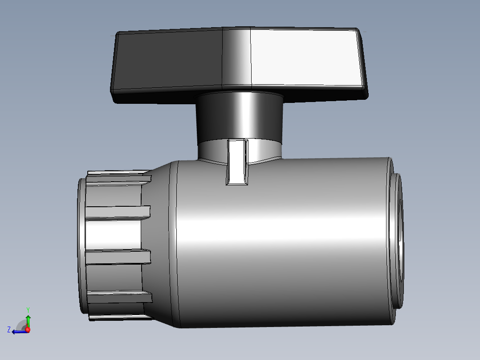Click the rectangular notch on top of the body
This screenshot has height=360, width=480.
point(237,162)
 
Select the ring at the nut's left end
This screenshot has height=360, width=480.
point(81,245)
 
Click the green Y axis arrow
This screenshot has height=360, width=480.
point(28,320)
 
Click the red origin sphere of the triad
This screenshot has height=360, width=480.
point(28,330)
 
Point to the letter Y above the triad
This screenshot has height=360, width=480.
point(28,309)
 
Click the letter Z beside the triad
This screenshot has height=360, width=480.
point(9,330)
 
